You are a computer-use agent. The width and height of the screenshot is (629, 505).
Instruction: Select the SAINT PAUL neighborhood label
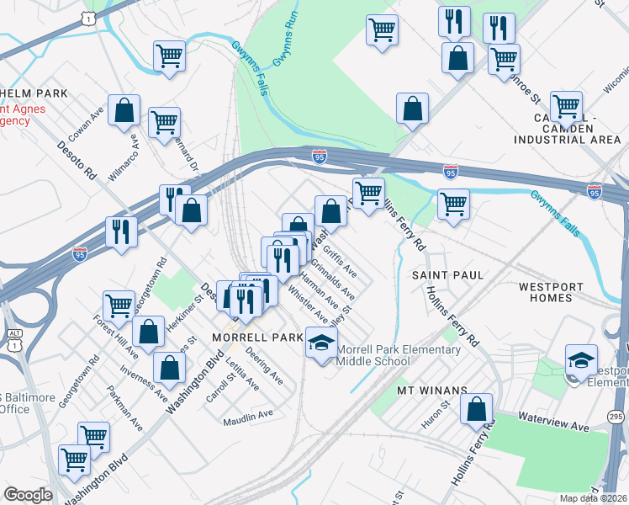[x=447, y=275]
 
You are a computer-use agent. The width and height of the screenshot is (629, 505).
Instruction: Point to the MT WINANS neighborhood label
[x=431, y=391]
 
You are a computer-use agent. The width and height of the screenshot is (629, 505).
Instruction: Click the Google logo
[x=28, y=495]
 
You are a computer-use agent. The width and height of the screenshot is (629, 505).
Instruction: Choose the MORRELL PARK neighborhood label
[x=245, y=337]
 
